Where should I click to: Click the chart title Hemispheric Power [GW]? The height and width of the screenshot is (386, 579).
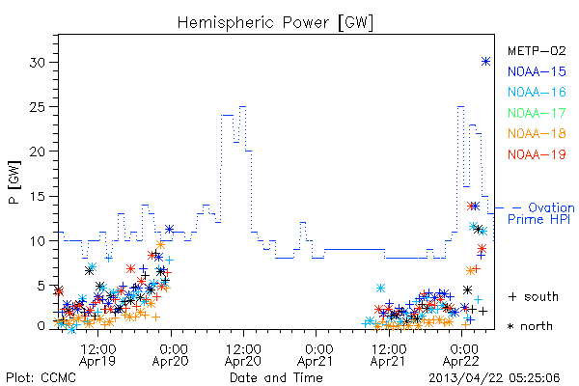(x=275, y=23)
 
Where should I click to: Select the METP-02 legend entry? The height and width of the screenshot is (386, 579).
(x=537, y=50)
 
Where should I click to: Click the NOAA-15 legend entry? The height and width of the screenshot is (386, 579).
(x=537, y=71)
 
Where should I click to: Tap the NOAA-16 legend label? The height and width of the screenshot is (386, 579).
(x=537, y=92)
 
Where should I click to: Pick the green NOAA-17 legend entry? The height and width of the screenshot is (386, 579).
(x=537, y=113)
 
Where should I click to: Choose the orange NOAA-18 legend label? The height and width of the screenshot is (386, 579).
(x=537, y=133)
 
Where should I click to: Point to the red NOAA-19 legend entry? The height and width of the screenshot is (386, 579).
(x=537, y=154)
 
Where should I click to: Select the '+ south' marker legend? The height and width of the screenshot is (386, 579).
(x=534, y=296)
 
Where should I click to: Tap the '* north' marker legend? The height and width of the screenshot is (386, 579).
(x=530, y=326)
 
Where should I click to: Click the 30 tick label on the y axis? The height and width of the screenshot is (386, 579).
(x=38, y=63)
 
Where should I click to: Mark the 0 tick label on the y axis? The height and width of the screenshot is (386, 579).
(x=41, y=326)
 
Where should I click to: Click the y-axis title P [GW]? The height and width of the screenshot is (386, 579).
(x=14, y=181)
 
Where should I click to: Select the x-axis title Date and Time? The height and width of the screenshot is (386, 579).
(x=276, y=377)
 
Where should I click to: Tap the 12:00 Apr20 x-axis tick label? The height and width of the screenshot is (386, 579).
(x=243, y=355)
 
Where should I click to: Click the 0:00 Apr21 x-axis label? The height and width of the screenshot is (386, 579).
(x=316, y=355)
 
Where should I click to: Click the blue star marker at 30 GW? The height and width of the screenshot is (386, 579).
(x=486, y=62)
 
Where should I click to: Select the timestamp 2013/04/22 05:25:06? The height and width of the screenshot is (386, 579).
(x=494, y=378)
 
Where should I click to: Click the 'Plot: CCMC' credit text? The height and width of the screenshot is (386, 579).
(x=41, y=377)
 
